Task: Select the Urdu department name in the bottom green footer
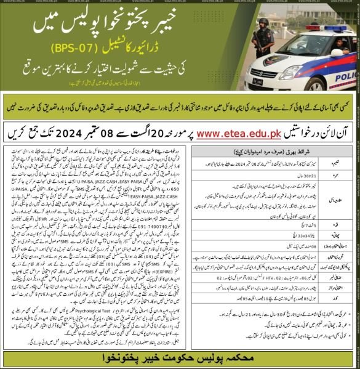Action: (x=179, y=356)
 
